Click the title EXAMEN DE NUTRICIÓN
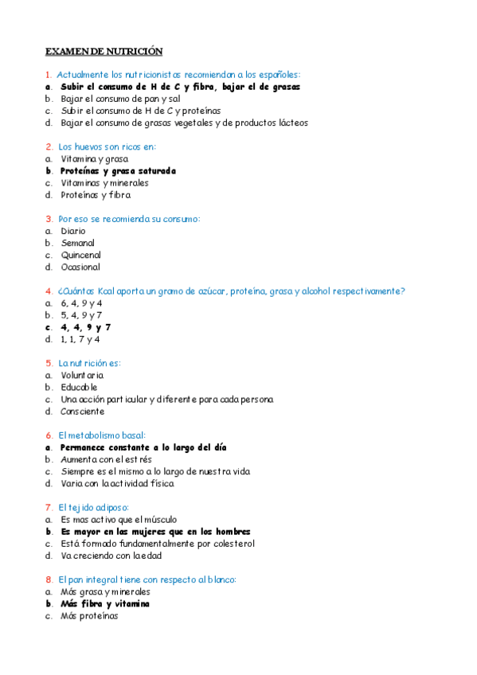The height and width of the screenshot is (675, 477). [104, 51]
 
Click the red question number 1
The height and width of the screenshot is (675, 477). [49, 75]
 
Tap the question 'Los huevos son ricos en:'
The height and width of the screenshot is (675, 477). [107, 147]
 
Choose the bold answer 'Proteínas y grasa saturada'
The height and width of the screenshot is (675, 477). [118, 171]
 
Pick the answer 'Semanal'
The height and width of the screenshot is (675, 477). [77, 244]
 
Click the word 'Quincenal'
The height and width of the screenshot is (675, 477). [80, 256]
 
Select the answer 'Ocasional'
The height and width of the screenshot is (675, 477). [80, 267]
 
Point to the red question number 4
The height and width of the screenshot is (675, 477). [49, 291]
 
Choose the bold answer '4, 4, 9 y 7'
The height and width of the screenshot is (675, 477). [86, 327]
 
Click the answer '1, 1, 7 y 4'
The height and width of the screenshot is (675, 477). [80, 339]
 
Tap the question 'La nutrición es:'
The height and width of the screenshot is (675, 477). [89, 364]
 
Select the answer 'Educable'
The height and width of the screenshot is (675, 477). [79, 388]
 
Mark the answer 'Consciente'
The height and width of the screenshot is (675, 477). [82, 412]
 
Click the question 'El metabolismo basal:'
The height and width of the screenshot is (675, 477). [102, 435]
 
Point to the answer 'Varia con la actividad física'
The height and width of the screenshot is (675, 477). [117, 483]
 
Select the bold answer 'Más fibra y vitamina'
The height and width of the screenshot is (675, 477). [105, 603]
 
